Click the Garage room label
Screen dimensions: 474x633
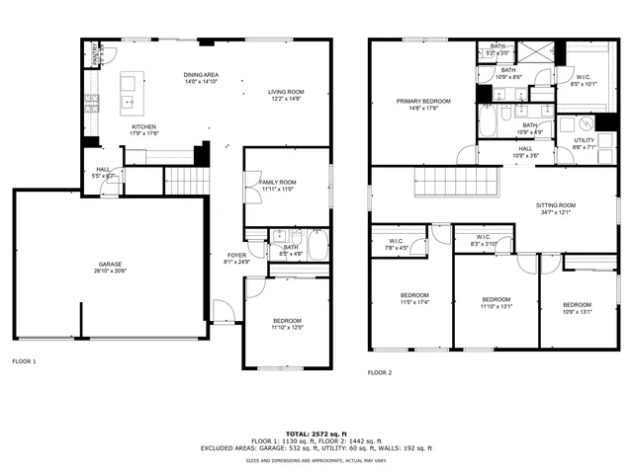pyautogui.click(x=109, y=265)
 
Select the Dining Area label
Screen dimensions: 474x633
pyautogui.click(x=201, y=75)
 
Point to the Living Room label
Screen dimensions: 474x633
pyautogui.click(x=286, y=93)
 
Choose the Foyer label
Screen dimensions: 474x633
pyautogui.click(x=228, y=256)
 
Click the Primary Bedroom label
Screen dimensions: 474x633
pyautogui.click(x=423, y=102)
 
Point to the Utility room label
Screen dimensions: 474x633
pyautogui.click(x=584, y=141)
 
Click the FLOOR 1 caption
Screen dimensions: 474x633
pyautogui.click(x=24, y=361)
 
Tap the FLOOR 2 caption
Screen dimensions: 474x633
pyautogui.click(x=380, y=372)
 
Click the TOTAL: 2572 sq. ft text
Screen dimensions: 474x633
pyautogui.click(x=316, y=434)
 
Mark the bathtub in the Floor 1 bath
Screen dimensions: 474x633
pyautogui.click(x=317, y=246)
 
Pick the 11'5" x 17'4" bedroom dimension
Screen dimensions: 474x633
pyautogui.click(x=414, y=302)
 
